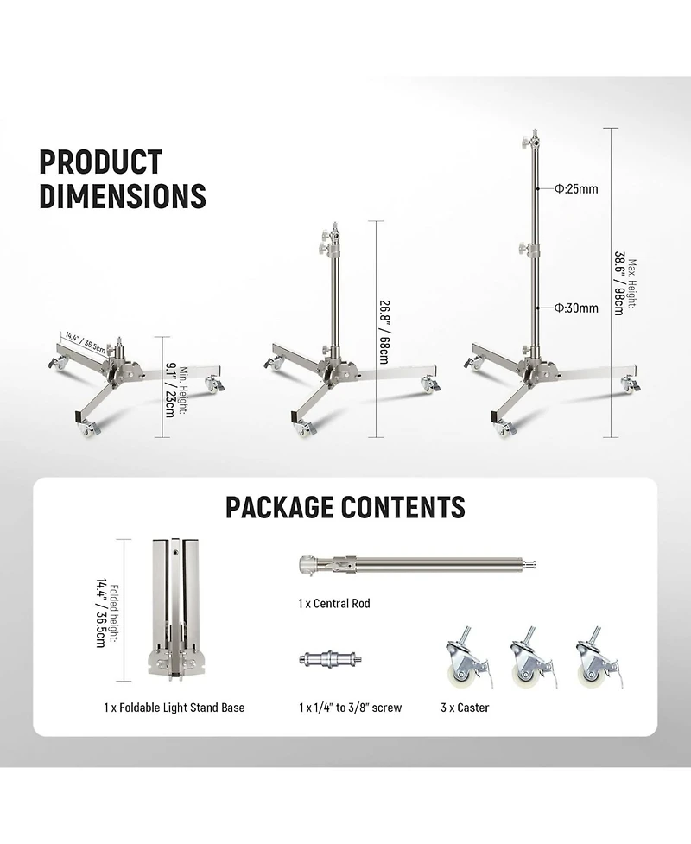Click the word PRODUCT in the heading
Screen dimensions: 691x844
coord(101,162)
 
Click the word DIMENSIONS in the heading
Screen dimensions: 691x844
coord(123,195)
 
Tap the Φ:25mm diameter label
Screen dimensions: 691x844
coord(576,189)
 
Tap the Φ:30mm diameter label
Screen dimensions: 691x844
coord(576,308)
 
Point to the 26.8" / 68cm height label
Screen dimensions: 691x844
coord(384,332)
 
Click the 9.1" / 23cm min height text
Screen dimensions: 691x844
coord(170,388)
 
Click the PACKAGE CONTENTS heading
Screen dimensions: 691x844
coord(345,507)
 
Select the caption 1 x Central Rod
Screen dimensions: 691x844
coord(334,603)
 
